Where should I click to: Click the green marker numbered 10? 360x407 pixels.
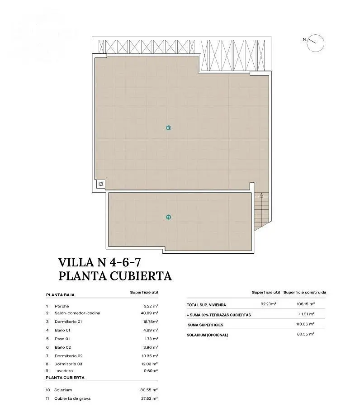pyautogui.click(x=168, y=128)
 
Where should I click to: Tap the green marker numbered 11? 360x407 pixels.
pyautogui.click(x=168, y=217)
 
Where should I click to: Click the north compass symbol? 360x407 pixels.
pyautogui.click(x=315, y=43)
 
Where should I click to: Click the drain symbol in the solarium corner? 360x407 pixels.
pyautogui.click(x=101, y=184)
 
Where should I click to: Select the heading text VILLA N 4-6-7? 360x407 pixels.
pyautogui.click(x=99, y=262)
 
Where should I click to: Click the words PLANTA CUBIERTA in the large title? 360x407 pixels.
pyautogui.click(x=115, y=276)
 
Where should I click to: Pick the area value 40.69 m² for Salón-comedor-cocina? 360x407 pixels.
pyautogui.click(x=150, y=313)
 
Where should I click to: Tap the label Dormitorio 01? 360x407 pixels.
pyautogui.click(x=68, y=322)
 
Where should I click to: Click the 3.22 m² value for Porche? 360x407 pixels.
pyautogui.click(x=151, y=306)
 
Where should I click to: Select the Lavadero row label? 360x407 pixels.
pyautogui.click(x=64, y=371)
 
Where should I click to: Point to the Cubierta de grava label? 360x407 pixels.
pyautogui.click(x=72, y=398)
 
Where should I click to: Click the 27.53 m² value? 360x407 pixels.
pyautogui.click(x=150, y=398)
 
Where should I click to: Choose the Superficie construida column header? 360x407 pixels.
pyautogui.click(x=305, y=292)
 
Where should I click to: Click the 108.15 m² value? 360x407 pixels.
pyautogui.click(x=306, y=304)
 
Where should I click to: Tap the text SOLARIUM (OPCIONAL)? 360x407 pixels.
pyautogui.click(x=208, y=335)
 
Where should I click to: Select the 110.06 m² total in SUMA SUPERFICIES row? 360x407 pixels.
pyautogui.click(x=305, y=324)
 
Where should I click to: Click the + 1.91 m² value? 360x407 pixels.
pyautogui.click(x=306, y=314)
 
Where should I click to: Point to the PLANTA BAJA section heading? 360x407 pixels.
pyautogui.click(x=60, y=295)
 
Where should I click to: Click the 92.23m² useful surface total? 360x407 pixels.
pyautogui.click(x=268, y=304)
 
